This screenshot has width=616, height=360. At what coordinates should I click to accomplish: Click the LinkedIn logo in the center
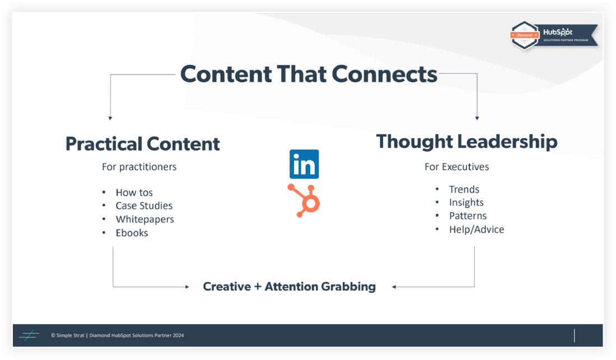coord(304,164)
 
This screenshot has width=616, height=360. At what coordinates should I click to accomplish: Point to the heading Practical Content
coord(142,144)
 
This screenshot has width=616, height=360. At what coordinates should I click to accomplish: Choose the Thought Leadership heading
coord(466,141)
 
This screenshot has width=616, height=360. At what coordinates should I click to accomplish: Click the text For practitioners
coord(139,167)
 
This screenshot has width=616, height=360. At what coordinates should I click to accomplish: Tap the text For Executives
coord(456,167)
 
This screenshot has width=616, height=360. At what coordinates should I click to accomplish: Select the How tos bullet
coord(134,193)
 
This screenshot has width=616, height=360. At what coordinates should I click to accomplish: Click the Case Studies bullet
coord(144,206)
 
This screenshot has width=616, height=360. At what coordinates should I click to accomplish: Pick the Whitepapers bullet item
coord(144,219)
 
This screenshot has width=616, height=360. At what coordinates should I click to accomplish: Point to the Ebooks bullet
coord(132,233)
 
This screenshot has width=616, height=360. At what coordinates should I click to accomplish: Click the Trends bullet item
coord(464,189)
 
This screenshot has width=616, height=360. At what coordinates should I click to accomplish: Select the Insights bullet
coord(466,203)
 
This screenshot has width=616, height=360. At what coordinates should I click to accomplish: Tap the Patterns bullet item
coord(468,216)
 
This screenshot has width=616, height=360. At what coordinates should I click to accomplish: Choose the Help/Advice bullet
coord(476,230)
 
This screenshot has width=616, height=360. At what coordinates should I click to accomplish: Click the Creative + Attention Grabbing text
coord(289,287)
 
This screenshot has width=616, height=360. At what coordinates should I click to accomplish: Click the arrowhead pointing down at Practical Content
coord(110,118)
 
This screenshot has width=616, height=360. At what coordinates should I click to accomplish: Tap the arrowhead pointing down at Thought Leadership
coord(477,118)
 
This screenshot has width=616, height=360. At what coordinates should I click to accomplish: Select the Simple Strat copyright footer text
coord(117,335)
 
